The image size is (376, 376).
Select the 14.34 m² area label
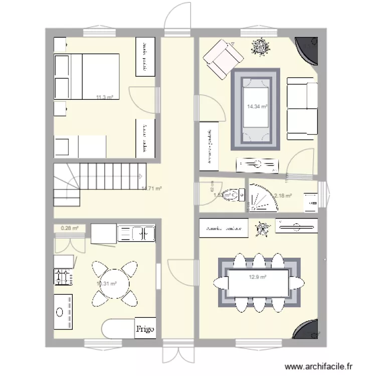257,106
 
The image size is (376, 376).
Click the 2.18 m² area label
283,196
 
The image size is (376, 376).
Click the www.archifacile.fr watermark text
322,366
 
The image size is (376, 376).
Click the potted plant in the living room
260,48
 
